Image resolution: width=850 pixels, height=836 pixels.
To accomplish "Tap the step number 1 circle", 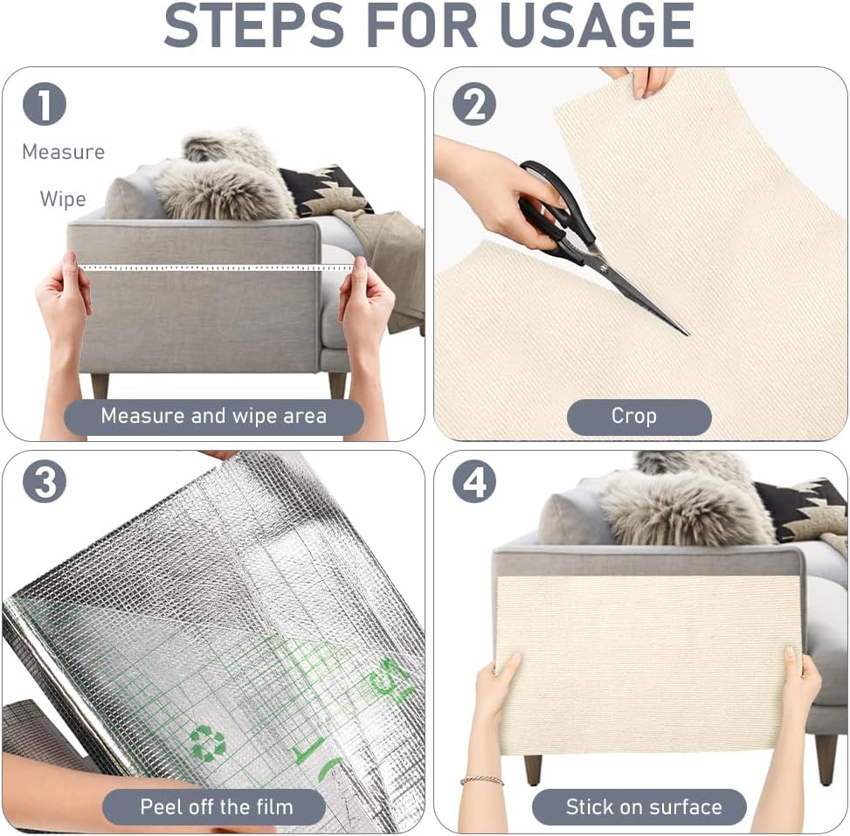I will [x=45, y=105].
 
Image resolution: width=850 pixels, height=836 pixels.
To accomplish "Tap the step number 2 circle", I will [x=473, y=105].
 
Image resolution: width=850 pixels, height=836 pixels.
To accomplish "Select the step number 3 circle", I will [x=45, y=481].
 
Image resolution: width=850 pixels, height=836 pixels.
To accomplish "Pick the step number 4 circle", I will [x=473, y=481].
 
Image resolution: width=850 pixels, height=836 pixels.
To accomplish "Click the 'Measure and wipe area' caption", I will [x=214, y=417].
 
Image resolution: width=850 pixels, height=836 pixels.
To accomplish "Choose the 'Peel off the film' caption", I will [x=216, y=805].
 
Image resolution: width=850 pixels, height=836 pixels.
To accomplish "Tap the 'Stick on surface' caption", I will [x=643, y=806].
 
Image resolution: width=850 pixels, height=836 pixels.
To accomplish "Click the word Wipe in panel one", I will [x=63, y=198].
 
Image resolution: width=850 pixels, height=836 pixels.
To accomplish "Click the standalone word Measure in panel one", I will [x=63, y=152].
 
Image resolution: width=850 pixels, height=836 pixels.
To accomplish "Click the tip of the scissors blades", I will [x=686, y=333].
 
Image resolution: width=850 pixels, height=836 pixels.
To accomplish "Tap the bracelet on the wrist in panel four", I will [x=481, y=780].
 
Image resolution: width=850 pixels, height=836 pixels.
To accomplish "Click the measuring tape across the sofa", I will [x=210, y=267].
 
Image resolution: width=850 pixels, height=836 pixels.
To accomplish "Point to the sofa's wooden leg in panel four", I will [x=531, y=769].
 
